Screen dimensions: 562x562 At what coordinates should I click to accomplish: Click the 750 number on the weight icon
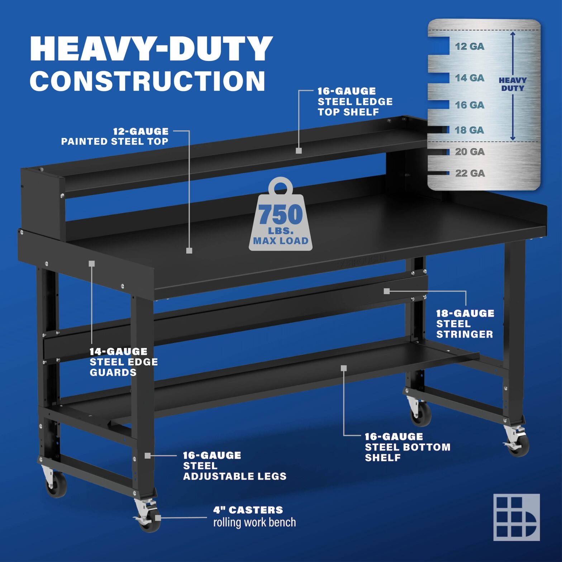281,214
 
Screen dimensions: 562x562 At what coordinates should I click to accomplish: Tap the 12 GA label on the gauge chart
469,47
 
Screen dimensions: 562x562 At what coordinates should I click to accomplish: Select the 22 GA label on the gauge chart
470,173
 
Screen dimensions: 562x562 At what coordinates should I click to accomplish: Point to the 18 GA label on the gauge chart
469,130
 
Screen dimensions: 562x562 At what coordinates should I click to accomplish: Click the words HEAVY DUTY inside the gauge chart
513,84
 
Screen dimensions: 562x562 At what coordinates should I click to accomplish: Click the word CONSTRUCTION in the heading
147,81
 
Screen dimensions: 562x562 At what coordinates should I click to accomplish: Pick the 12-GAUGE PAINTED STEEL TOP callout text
115,137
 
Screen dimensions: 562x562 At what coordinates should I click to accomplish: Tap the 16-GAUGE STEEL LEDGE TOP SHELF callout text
355,102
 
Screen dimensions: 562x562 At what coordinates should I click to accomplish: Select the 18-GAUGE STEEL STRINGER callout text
465,324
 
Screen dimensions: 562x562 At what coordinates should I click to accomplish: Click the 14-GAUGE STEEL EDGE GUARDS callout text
124,362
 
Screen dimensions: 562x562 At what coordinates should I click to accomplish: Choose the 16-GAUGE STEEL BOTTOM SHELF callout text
408,447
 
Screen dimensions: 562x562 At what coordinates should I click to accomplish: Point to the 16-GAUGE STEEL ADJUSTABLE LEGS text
234,466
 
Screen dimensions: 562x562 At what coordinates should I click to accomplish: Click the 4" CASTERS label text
248,510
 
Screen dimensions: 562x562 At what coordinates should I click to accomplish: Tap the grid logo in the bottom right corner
516,517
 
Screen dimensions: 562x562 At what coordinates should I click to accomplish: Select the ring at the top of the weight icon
281,186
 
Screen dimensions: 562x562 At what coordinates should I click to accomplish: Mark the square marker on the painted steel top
189,251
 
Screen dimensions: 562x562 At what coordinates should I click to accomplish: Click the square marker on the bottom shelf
344,368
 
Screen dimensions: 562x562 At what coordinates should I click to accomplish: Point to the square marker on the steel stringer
386,291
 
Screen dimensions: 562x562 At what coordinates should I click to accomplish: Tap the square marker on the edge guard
92,264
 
